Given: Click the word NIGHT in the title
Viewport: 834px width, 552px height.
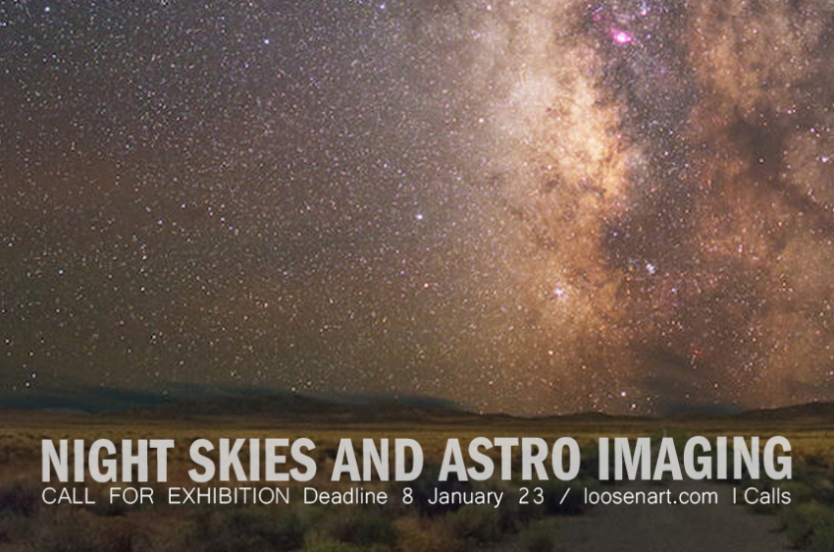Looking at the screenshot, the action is (x=108, y=461).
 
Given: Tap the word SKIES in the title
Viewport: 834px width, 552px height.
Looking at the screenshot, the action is (x=252, y=461).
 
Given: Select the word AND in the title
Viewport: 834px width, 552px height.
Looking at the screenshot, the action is (x=378, y=461).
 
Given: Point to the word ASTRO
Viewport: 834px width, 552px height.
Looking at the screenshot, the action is (x=509, y=461).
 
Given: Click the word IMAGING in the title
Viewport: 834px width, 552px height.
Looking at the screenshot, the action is (x=694, y=461).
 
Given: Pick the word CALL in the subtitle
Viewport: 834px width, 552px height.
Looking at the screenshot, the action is (x=68, y=497).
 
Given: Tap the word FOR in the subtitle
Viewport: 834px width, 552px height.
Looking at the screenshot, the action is (x=131, y=497).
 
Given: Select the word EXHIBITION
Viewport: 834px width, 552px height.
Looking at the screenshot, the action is (x=229, y=497).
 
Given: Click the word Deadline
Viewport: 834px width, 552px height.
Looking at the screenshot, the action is (x=345, y=497).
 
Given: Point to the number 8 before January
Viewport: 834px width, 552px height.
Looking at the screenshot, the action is (x=408, y=497).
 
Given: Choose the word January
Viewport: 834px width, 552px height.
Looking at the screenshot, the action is (x=465, y=498).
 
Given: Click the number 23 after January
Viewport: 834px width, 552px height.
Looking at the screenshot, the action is (x=532, y=497).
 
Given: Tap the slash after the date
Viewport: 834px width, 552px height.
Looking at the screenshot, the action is (x=564, y=497).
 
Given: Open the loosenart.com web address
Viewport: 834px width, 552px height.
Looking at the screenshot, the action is (x=651, y=497).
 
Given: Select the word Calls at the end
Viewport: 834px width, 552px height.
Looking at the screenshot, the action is (x=767, y=497).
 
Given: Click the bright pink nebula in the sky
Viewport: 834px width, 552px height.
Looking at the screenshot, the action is (x=621, y=36).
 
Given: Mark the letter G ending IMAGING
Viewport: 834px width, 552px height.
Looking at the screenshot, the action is (x=776, y=461).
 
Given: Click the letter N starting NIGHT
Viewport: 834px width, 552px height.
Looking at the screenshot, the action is (x=54, y=461).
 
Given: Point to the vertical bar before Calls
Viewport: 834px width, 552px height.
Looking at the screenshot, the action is (x=735, y=497).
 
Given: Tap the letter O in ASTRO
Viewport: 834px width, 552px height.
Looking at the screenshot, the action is (x=564, y=461).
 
